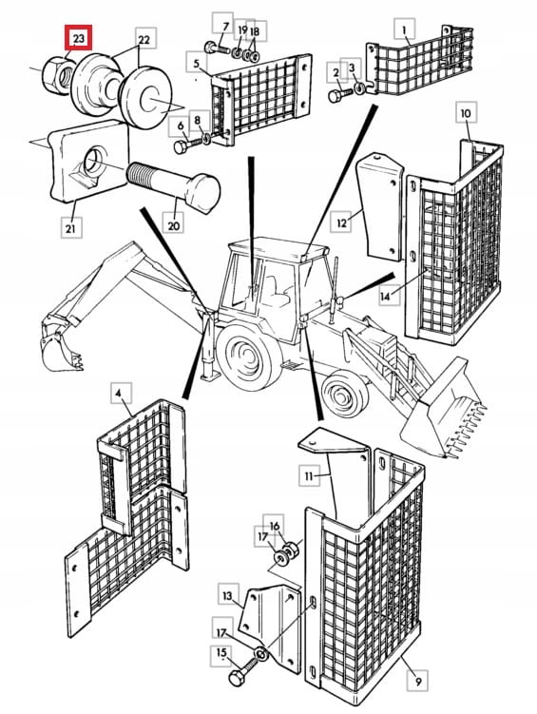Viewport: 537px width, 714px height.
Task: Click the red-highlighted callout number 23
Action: (x=78, y=38)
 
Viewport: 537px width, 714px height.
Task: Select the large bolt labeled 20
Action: (x=173, y=185)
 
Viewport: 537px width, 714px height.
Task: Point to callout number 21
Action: (x=70, y=227)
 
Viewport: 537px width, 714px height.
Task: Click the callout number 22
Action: (x=144, y=39)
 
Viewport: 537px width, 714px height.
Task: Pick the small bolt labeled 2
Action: (x=340, y=95)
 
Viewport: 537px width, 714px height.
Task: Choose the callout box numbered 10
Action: (x=466, y=113)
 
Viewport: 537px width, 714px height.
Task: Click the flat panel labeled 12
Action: (x=380, y=205)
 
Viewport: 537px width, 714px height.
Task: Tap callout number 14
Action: (x=385, y=296)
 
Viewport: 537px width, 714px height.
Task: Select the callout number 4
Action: (x=119, y=394)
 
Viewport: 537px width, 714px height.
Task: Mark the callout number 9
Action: (x=418, y=682)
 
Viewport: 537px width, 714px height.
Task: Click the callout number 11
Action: (x=309, y=476)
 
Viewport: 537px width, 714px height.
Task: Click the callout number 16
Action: (x=274, y=526)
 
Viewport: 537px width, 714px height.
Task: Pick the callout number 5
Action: (x=196, y=63)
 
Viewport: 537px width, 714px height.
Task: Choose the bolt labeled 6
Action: (x=187, y=145)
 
